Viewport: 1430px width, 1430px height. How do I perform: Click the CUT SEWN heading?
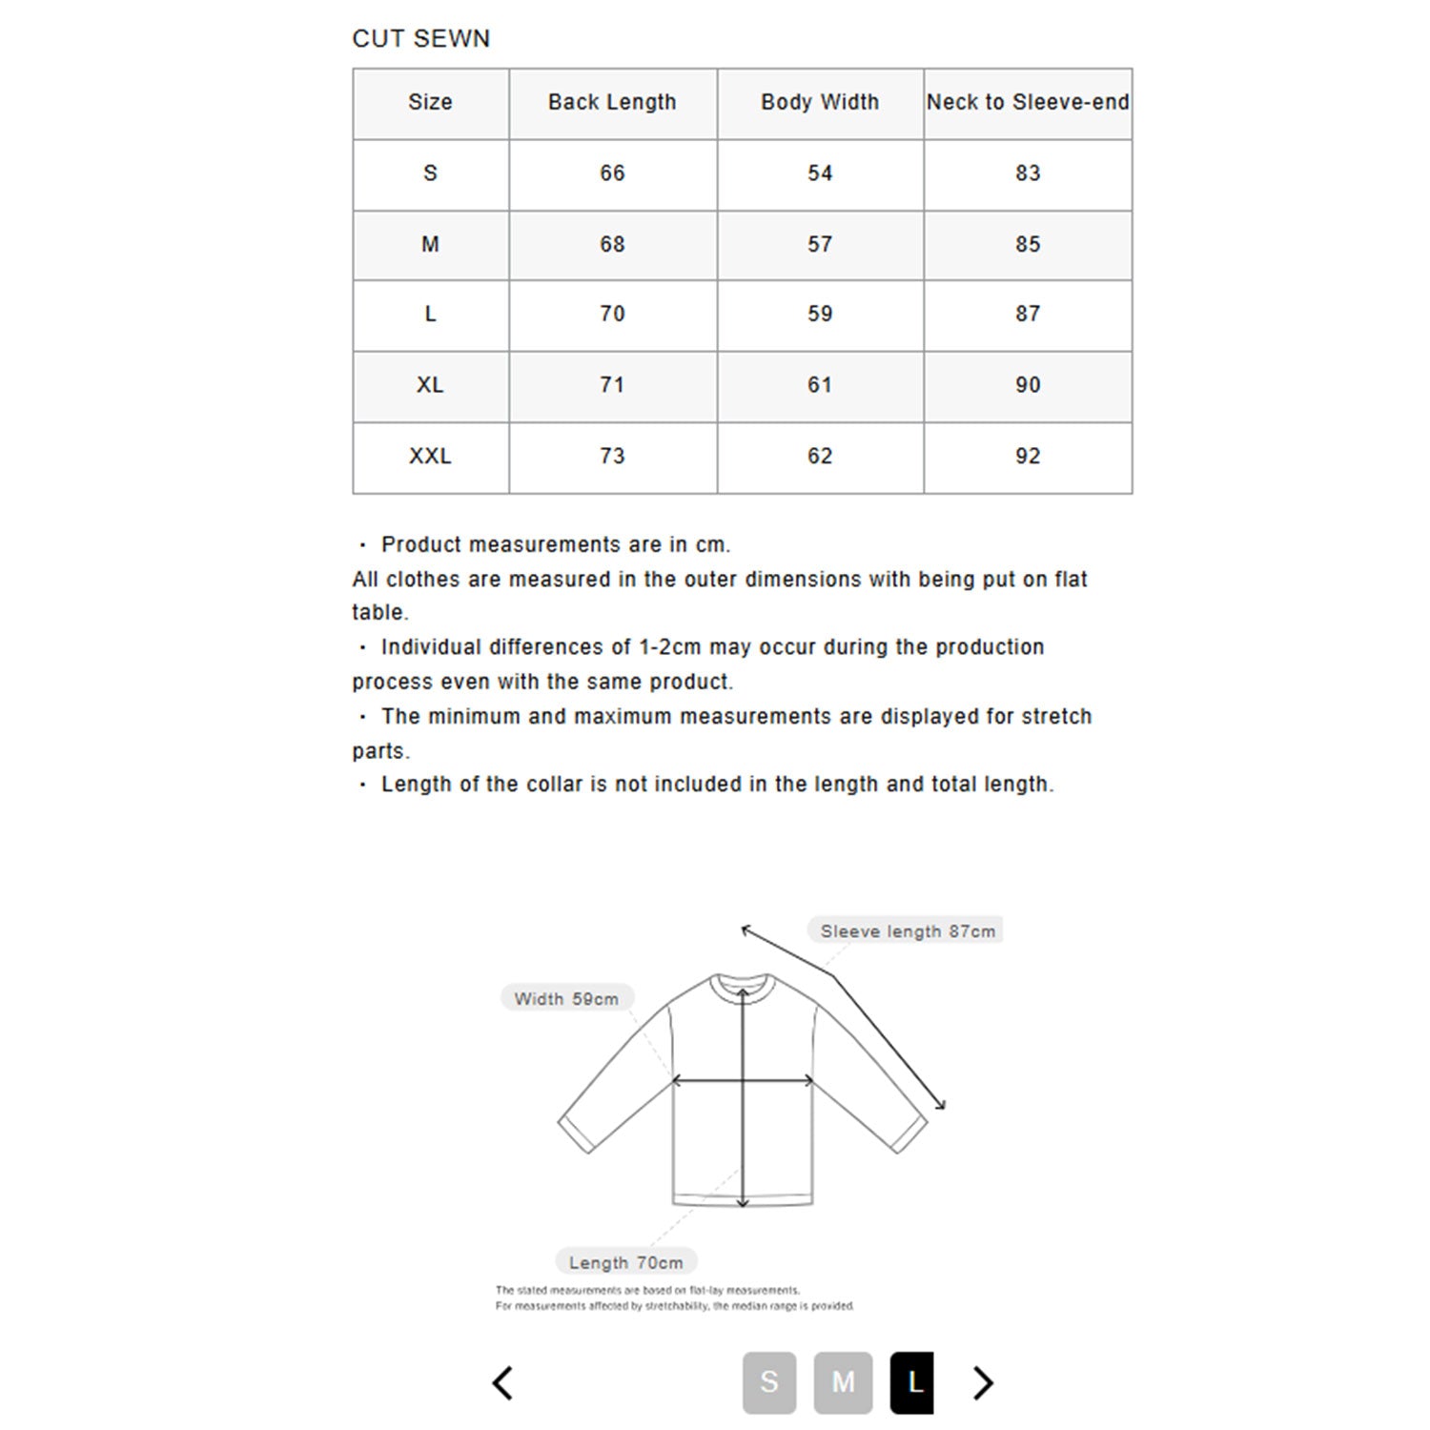(x=420, y=39)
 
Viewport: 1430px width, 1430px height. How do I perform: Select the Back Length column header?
(x=612, y=103)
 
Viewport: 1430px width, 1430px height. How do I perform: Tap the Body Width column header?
(x=820, y=103)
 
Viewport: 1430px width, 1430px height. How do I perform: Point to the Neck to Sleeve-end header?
(x=1028, y=103)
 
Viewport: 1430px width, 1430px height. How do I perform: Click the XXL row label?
(x=430, y=457)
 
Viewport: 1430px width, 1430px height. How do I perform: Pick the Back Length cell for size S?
(x=612, y=174)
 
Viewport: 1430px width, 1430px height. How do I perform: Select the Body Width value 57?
(x=820, y=245)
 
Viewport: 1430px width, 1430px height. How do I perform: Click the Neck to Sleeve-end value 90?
(x=1028, y=385)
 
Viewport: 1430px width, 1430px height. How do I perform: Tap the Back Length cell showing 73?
(x=612, y=457)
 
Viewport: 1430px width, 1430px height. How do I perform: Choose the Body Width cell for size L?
(x=820, y=315)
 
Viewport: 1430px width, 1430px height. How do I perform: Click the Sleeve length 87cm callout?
(x=907, y=931)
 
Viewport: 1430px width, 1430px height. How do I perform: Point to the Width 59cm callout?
(x=566, y=999)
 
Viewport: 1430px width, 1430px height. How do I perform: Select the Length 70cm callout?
(x=625, y=1263)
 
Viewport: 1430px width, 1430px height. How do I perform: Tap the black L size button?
(x=912, y=1382)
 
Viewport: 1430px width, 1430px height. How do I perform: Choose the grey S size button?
(x=769, y=1382)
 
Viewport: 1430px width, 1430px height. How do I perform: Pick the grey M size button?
(x=843, y=1382)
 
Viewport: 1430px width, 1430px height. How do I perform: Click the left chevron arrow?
(x=503, y=1382)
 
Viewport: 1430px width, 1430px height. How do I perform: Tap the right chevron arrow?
(x=983, y=1382)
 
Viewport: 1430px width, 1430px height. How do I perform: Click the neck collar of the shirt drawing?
(x=741, y=984)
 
